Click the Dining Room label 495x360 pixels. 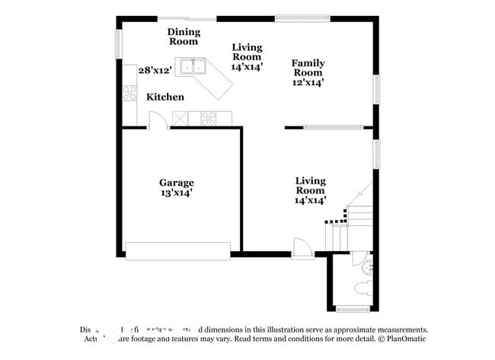[x=184, y=37]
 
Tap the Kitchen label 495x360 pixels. [x=165, y=97]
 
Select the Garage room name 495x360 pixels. [x=176, y=183]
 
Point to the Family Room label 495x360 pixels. [x=308, y=68]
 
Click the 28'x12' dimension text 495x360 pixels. [x=155, y=70]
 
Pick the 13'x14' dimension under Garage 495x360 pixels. [x=176, y=193]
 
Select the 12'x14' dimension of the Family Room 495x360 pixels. [x=308, y=82]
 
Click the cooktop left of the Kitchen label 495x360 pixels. [x=129, y=93]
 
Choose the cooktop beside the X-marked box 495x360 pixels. [x=208, y=117]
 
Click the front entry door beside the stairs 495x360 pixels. [x=302, y=247]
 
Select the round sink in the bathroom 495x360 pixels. [x=367, y=266]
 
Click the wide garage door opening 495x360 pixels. [x=177, y=251]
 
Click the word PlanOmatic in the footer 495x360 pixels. [x=404, y=339]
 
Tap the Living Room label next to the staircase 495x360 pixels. [x=310, y=190]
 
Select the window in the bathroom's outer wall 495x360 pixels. [x=352, y=309]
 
